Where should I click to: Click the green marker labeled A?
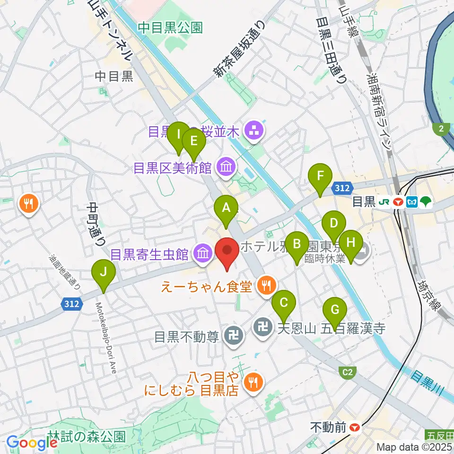point(226,208)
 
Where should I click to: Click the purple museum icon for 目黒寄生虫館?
point(202,254)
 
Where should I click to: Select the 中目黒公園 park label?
point(170,28)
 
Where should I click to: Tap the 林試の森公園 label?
point(87,436)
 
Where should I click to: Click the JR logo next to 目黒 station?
point(384,202)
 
